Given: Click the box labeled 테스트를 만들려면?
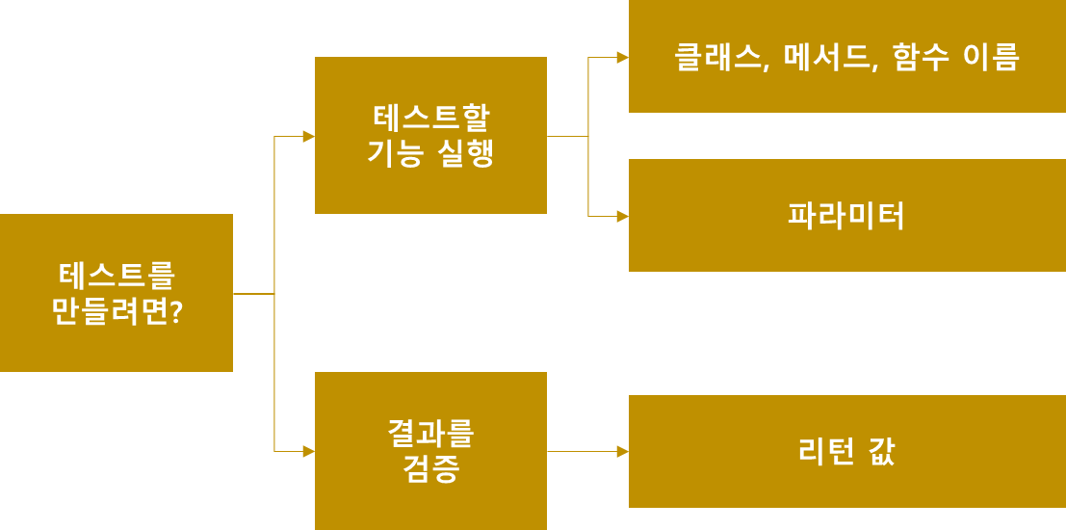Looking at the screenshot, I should [x=116, y=293].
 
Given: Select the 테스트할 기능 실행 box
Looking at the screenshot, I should [x=430, y=135].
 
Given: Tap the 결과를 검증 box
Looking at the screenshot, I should [x=430, y=451].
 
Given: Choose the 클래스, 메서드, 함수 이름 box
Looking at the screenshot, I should [x=846, y=57].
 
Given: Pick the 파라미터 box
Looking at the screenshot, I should [x=846, y=215].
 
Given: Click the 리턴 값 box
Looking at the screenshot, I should [x=846, y=451].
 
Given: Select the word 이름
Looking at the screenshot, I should [x=991, y=57].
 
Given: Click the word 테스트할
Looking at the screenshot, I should [x=430, y=118].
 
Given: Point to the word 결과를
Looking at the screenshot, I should [x=430, y=433].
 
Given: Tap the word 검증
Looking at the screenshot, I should [x=430, y=469].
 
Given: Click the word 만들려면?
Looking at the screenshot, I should [x=117, y=312].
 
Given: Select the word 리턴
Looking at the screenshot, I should [x=826, y=451].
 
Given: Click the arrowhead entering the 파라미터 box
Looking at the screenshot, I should [x=622, y=216].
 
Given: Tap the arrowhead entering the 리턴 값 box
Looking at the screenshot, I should [x=622, y=451].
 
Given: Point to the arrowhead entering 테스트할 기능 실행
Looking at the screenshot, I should [x=308, y=136].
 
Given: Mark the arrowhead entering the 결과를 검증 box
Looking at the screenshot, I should [x=308, y=451].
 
